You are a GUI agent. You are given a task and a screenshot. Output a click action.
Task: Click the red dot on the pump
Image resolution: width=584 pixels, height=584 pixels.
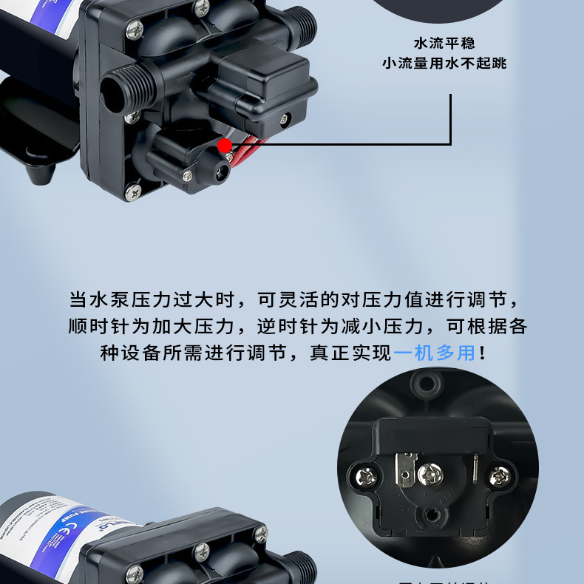[225, 146]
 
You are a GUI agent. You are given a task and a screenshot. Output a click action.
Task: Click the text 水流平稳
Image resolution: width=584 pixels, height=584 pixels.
[444, 42]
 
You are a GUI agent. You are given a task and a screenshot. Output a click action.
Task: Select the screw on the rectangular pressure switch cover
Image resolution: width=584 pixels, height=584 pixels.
[285, 118]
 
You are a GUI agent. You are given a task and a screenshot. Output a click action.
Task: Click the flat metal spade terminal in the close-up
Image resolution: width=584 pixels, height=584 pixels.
[404, 467]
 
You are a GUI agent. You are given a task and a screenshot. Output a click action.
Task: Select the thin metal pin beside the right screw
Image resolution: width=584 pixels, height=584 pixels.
[473, 469]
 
